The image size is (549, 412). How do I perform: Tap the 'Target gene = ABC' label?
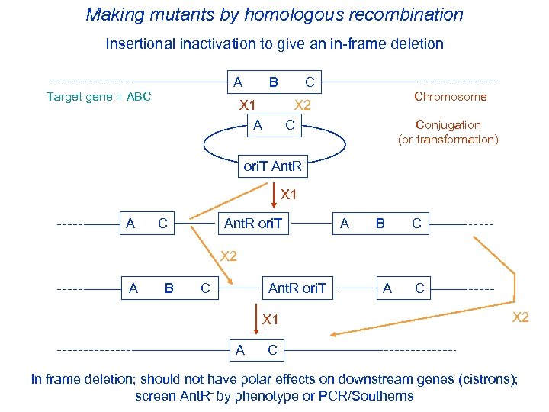tap(99, 96)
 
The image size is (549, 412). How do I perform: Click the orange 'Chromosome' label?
tap(450, 96)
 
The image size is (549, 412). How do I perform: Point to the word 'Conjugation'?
tap(448, 124)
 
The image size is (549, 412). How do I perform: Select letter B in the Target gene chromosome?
tap(273, 82)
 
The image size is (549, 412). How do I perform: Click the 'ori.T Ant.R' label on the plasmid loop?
tap(271, 165)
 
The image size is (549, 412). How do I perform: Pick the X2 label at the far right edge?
tap(520, 317)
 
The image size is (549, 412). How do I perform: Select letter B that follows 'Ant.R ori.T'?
tap(379, 224)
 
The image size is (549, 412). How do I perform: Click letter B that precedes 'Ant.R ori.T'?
tap(169, 288)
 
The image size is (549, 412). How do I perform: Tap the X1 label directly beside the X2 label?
tap(248, 105)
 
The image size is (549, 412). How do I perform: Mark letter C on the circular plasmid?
tap(290, 124)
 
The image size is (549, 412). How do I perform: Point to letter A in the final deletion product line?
tap(240, 350)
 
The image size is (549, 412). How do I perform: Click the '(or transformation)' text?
tap(448, 139)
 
